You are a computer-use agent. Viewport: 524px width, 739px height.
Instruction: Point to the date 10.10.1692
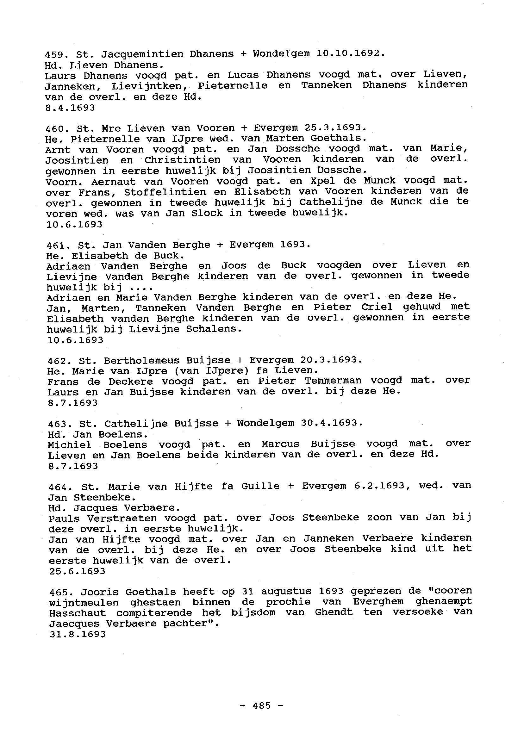[x=350, y=53]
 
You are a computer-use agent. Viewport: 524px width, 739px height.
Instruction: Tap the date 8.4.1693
[x=70, y=108]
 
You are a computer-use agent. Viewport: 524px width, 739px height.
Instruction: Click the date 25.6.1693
[x=77, y=571]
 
